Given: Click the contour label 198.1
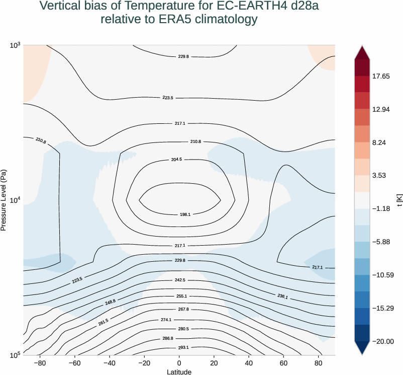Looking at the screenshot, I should point(185,214).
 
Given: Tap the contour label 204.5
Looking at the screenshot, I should point(176,160).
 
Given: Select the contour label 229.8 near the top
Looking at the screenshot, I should point(183,57).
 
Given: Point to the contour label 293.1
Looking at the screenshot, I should point(183,347).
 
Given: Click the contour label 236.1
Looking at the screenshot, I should point(282,297).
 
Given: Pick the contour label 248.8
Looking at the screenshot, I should point(110,302).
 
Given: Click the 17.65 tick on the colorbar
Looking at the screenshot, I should point(381,77).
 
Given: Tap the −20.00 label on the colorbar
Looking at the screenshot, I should point(382,341).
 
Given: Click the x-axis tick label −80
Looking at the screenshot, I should point(41,363).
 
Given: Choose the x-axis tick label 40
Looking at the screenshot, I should point(248,363).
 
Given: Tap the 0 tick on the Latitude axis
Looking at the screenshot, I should point(179,363).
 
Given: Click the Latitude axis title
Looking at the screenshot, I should point(179,371).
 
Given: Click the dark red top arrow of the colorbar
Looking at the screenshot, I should point(362,50).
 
